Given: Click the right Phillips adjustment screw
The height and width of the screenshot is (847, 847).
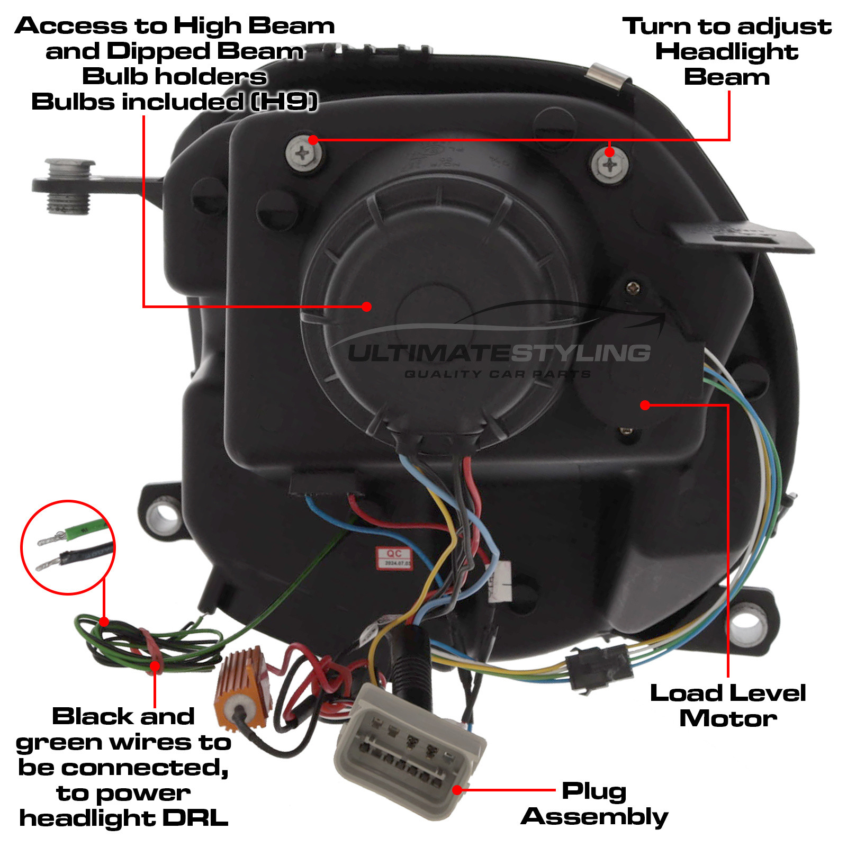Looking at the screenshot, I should (x=609, y=166).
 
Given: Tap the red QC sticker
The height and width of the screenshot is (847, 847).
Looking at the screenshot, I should (x=394, y=557).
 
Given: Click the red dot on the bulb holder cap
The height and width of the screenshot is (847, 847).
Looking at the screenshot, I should (x=367, y=307).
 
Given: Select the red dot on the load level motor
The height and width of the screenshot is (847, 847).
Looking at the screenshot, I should (x=645, y=405).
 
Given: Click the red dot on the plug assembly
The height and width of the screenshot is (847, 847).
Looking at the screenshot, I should (x=457, y=790).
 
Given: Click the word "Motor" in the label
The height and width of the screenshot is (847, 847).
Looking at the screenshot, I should (x=728, y=718).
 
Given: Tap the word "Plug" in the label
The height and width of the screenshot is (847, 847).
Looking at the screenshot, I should (x=594, y=791).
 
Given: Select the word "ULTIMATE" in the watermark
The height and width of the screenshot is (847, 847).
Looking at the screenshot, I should (x=429, y=354).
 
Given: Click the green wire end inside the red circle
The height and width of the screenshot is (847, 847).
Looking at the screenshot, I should (x=85, y=529).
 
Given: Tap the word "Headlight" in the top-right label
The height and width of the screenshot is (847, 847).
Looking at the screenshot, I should (x=726, y=52).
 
